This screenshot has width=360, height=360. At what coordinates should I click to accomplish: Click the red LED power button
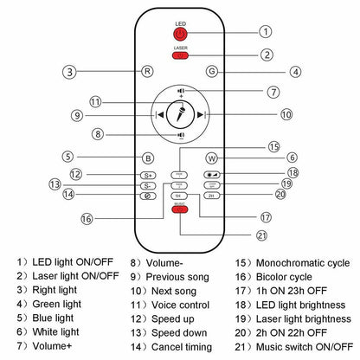point(180,34)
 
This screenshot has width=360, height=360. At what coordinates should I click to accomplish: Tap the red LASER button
point(180,55)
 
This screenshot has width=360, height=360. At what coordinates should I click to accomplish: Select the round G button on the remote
point(212,73)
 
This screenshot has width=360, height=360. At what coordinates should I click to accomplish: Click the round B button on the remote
point(149,157)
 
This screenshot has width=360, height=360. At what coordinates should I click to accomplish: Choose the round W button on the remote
point(212,157)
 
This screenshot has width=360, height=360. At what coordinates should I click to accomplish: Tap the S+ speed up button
point(149,175)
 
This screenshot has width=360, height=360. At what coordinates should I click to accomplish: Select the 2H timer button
point(211,196)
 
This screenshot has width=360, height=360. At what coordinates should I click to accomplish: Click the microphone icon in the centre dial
point(180,113)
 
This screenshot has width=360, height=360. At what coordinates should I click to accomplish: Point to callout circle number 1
point(265,31)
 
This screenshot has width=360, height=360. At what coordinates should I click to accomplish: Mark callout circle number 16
point(87,219)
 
